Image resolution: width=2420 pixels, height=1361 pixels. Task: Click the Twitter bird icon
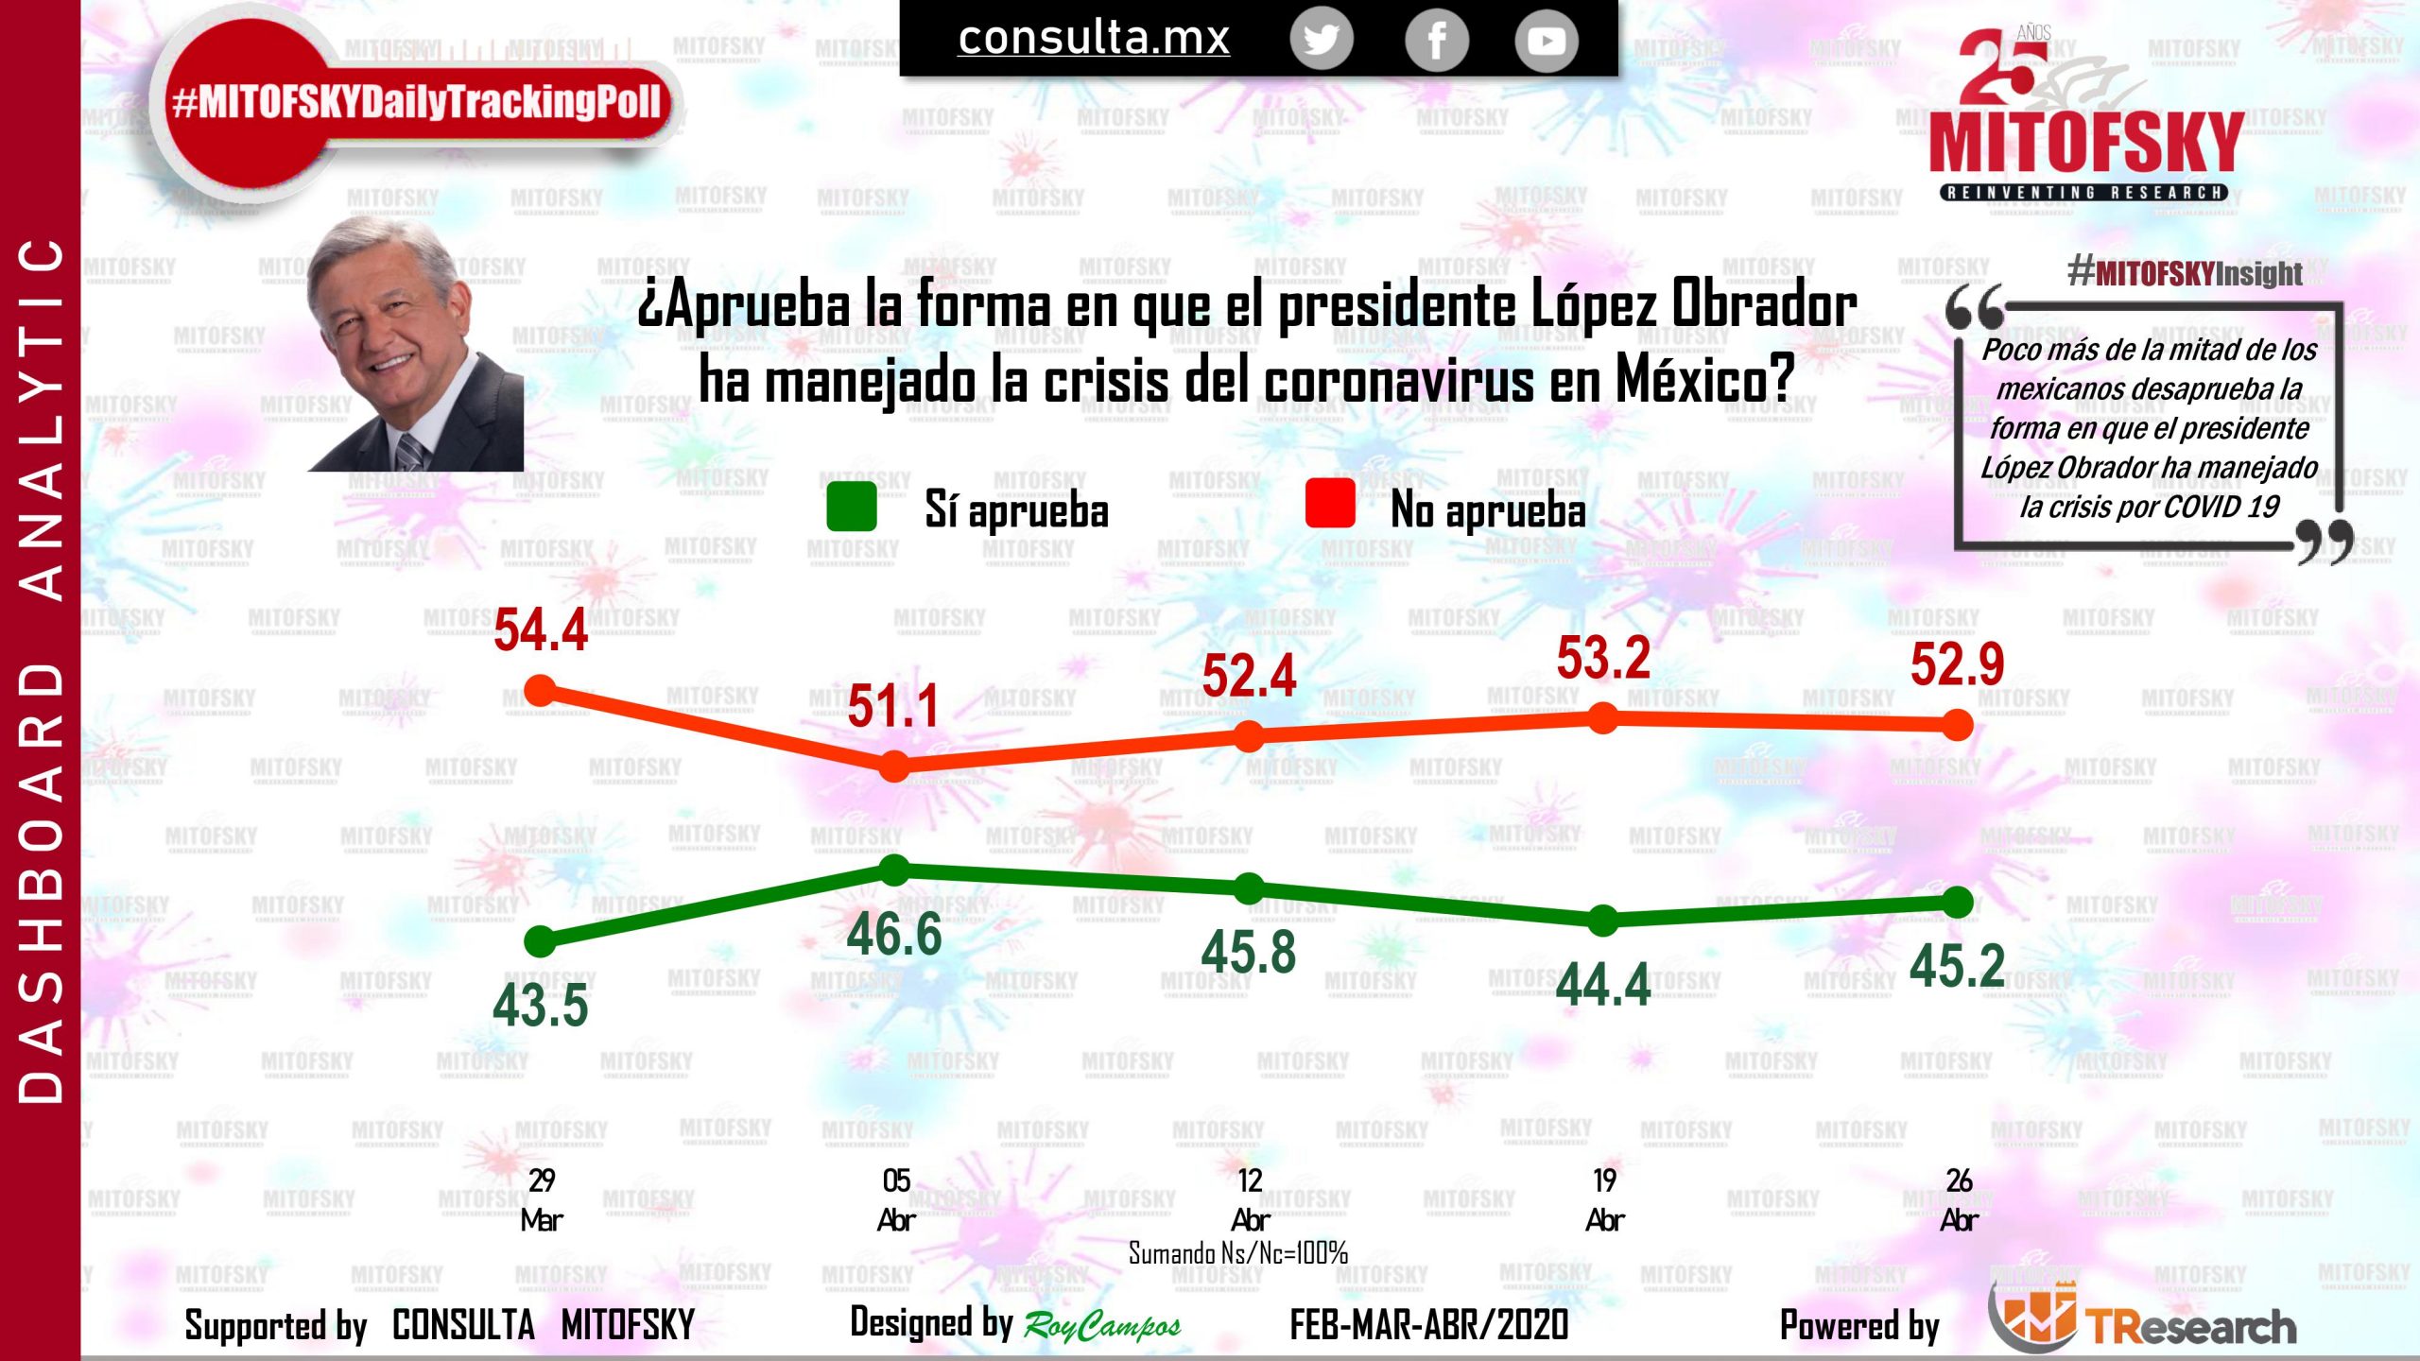point(1322,40)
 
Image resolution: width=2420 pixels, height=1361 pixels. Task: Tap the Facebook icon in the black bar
point(1436,40)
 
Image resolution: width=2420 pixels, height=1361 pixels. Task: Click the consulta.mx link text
point(1094,38)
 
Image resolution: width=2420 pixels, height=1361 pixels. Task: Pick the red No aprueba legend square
point(1330,503)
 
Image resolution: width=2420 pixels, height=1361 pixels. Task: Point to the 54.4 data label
point(541,630)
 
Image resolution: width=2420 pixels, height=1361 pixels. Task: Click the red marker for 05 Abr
point(894,766)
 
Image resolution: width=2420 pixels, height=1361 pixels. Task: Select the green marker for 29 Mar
point(540,941)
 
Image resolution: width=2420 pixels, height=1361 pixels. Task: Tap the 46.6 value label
point(894,935)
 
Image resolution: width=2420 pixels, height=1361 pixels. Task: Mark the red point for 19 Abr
point(1603,719)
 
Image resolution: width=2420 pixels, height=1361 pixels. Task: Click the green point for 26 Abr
point(1958,903)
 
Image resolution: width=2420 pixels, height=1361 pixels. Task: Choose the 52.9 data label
point(1957,663)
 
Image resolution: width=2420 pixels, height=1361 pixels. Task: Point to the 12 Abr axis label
point(1250,1199)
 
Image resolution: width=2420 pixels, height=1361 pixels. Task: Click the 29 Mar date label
point(541,1199)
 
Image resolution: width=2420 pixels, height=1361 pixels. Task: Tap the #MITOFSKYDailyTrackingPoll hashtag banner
point(416,102)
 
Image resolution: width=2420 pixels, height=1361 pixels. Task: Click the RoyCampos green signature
point(1102,1327)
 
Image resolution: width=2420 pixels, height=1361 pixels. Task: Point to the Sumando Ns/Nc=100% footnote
point(1237,1253)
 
